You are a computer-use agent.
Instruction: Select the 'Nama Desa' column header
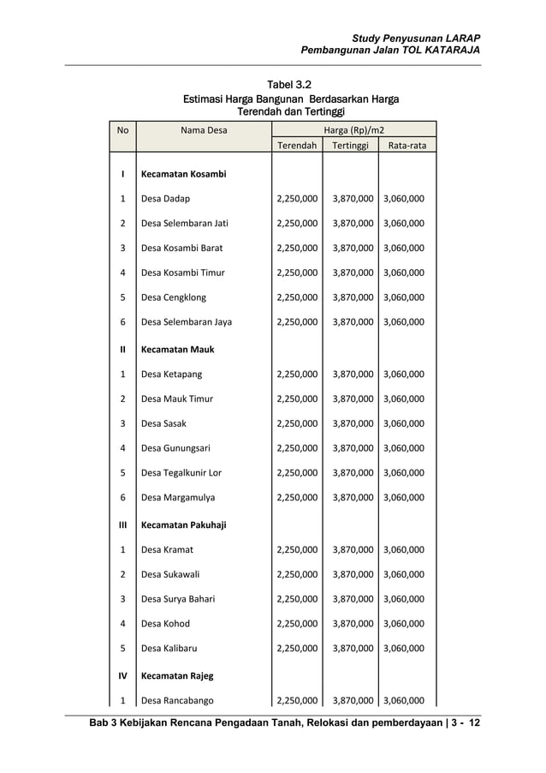coord(204,130)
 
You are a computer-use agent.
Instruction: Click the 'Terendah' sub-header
coord(297,146)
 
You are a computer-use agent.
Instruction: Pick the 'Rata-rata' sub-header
coord(407,146)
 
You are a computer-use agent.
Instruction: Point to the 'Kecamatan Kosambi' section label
coord(184,174)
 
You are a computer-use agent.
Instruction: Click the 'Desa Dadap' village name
coord(166,199)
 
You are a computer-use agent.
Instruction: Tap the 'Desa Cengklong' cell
coord(174,297)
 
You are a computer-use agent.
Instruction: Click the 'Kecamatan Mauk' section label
coord(178,350)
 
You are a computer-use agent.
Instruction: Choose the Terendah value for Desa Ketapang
coord(297,375)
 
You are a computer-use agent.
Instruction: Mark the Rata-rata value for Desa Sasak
coord(404,423)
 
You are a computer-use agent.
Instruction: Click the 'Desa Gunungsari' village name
coord(175,447)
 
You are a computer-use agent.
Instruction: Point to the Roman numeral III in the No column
coord(122,524)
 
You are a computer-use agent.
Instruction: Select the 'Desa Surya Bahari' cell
coord(178,599)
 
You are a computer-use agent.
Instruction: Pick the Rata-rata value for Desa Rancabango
coord(404,700)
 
